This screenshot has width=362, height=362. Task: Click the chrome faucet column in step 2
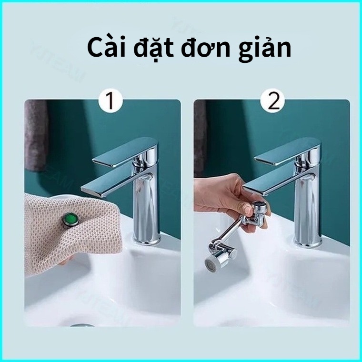click(x=308, y=214)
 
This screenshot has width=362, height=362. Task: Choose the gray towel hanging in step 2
click(x=200, y=138)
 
